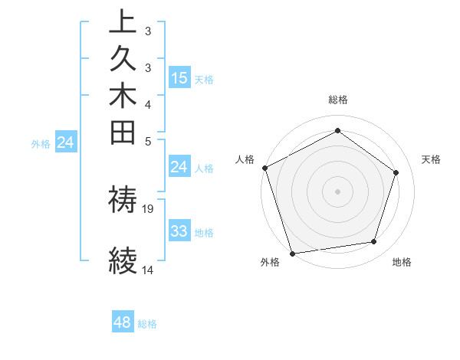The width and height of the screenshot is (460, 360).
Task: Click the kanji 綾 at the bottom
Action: (x=123, y=260)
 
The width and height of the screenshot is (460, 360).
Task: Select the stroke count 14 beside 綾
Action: (x=147, y=270)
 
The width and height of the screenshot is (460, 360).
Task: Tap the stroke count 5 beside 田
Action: (x=147, y=141)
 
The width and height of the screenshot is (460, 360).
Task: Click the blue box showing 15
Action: (x=179, y=77)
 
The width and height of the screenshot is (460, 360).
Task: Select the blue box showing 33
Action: (x=179, y=231)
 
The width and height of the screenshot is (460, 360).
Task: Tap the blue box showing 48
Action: (x=122, y=322)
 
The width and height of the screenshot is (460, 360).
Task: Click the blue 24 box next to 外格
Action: (x=66, y=142)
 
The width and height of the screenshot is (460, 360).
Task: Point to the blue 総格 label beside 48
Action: (x=147, y=324)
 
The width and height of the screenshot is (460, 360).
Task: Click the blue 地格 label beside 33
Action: (x=205, y=233)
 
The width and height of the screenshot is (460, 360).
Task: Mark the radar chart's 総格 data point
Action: (x=337, y=131)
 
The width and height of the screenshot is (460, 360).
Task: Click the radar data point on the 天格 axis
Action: (x=396, y=172)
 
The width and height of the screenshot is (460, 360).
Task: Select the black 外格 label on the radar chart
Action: (x=270, y=263)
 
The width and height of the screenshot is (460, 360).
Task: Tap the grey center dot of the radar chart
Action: (x=337, y=191)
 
